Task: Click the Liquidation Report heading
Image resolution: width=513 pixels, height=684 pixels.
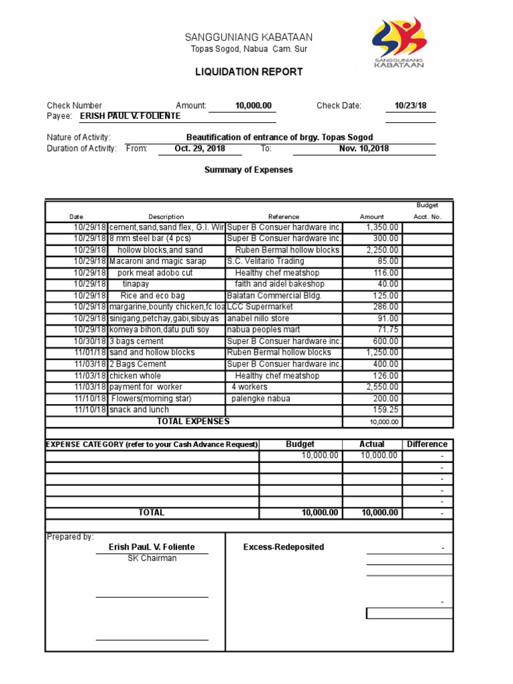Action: (248, 71)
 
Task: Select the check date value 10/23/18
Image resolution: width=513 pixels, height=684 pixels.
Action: (410, 106)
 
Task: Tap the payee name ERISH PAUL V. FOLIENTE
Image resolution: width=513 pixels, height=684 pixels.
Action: (130, 116)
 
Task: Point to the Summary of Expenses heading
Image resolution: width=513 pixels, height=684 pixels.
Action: (248, 170)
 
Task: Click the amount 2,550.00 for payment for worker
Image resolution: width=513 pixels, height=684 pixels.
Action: (383, 387)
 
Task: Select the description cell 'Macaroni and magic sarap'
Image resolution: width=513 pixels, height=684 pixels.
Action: (158, 261)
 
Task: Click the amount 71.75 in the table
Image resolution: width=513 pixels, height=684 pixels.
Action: (387, 329)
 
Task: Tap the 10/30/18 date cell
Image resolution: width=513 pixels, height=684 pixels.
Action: (90, 341)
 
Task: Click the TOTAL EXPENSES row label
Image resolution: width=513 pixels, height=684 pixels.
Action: (193, 421)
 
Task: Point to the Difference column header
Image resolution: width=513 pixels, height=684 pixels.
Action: (427, 444)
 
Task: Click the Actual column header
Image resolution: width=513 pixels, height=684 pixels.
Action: (372, 444)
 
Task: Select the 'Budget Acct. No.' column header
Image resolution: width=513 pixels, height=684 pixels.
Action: (427, 211)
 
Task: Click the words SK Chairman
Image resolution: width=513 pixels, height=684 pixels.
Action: (152, 558)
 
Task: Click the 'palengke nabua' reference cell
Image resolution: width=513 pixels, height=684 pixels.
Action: (262, 398)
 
